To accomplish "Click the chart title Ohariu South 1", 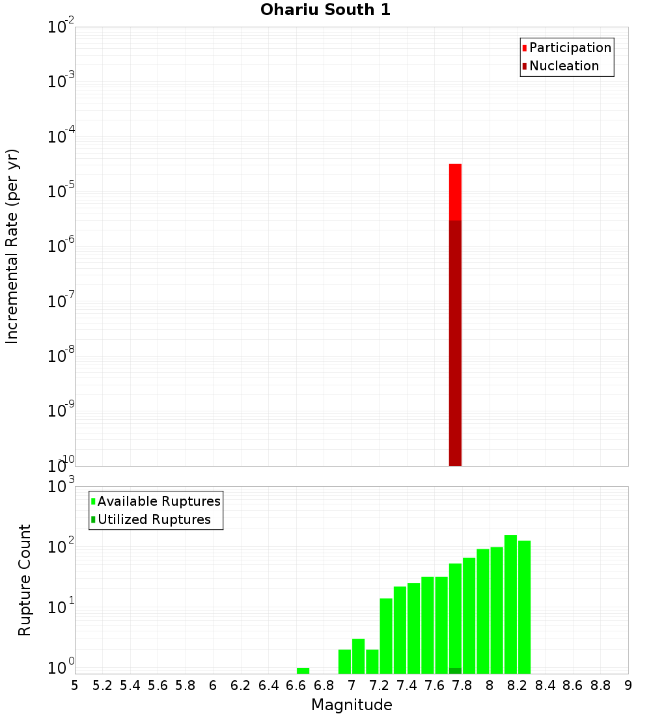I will pos(325,10).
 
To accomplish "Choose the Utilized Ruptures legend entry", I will pos(154,519).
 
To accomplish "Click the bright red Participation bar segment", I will pos(455,192).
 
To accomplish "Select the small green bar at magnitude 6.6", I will pos(303,670).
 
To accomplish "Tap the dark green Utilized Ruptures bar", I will pos(455,670).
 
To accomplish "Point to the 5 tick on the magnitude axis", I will pos(75,685).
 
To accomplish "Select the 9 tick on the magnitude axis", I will pos(628,685).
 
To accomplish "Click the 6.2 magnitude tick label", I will pos(241,685).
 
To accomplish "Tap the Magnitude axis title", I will pos(352,705).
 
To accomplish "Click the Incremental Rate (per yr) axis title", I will pos(13,246).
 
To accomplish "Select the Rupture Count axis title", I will pos(25,579).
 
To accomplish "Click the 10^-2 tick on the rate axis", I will pos(61,28).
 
